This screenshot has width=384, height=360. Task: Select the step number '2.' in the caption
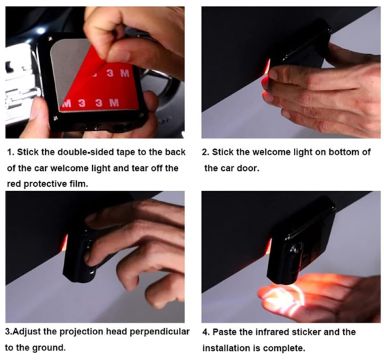click(x=206, y=152)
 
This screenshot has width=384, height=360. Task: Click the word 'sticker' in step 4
click(x=306, y=332)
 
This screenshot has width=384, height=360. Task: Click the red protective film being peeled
click(x=103, y=88)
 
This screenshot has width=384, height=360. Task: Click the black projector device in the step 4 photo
click(x=302, y=242)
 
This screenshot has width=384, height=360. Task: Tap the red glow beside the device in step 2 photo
click(x=267, y=66)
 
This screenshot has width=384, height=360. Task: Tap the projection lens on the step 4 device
click(x=294, y=250)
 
